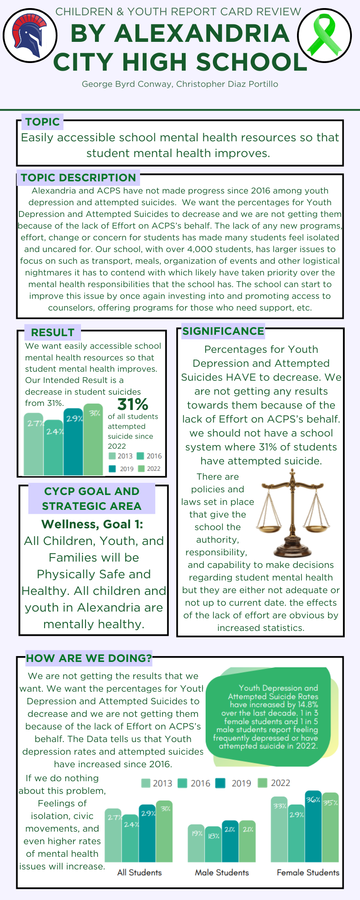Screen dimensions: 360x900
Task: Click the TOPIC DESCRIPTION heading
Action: point(78,178)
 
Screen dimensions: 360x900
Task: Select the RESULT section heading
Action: point(53,333)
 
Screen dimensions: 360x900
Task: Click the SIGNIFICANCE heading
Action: point(223,331)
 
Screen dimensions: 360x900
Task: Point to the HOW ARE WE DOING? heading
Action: point(89,658)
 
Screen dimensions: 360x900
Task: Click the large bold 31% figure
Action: point(133,404)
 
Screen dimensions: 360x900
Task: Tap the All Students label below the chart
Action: point(139,873)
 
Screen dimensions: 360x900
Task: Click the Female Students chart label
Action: point(308,873)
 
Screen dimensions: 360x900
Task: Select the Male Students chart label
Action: point(222,873)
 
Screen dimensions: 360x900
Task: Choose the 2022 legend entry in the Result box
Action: point(149,468)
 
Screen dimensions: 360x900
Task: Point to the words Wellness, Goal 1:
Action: point(92,524)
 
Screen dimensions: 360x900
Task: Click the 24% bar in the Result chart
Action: point(54,448)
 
